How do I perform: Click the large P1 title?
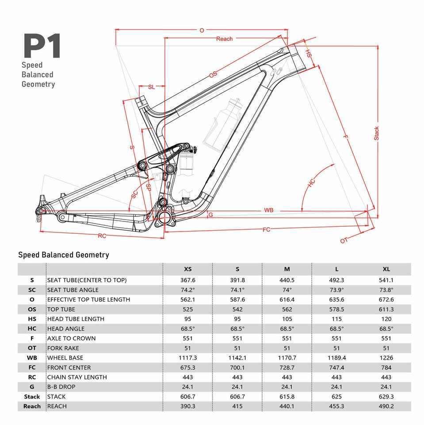point(42,46)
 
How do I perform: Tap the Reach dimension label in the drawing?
point(224,39)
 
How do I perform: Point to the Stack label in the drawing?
point(377,133)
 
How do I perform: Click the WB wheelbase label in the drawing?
point(268,209)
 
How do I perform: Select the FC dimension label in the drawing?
point(267,229)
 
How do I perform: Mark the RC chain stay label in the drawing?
point(102,236)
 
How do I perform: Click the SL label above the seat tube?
point(151,87)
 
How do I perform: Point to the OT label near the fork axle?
point(344,240)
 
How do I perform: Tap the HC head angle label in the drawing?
point(311,184)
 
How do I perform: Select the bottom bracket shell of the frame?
point(164,217)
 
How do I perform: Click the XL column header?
point(386,269)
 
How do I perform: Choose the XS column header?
point(187,269)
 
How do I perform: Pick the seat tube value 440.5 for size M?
point(287,280)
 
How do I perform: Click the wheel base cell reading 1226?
point(386,358)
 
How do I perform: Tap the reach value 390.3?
point(187,406)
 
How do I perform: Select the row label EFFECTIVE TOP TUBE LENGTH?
point(88,299)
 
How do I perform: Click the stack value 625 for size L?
point(337,397)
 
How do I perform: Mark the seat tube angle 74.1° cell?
point(237,290)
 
